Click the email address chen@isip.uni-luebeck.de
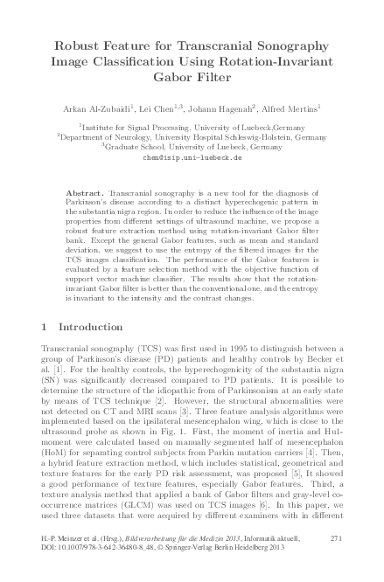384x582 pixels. [192, 158]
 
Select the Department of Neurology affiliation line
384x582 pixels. [192, 136]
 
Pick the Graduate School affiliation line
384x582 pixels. [192, 147]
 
